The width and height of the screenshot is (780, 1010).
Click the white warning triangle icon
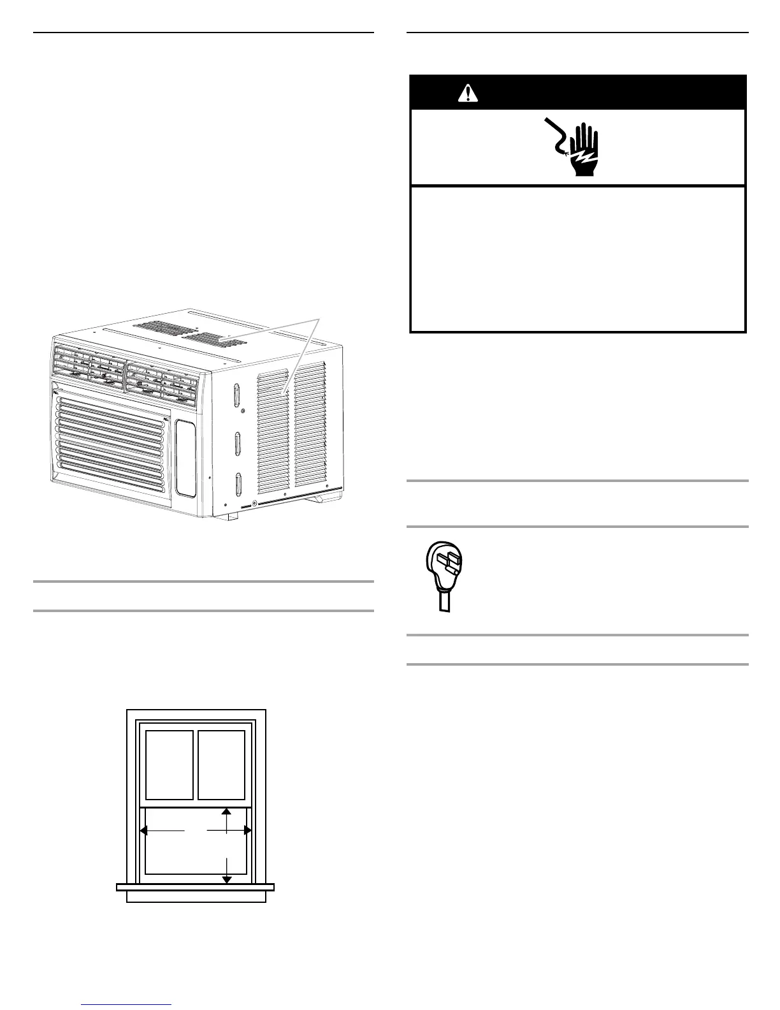tap(468, 93)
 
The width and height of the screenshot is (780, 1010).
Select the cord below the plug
tap(444, 603)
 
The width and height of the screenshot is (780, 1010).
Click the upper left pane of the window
tap(170, 765)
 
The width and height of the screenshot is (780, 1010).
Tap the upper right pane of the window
tap(222, 765)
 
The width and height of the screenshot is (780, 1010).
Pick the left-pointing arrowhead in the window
tap(144, 831)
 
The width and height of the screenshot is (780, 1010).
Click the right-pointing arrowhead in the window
tap(248, 831)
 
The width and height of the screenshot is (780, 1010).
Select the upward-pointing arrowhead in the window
tap(226, 812)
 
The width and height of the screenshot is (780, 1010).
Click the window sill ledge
tap(195, 886)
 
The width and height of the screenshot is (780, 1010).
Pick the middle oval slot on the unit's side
tap(237, 444)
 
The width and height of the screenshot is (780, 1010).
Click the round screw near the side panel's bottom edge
tap(256, 504)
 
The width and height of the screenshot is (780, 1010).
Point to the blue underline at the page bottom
tap(127, 1006)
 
